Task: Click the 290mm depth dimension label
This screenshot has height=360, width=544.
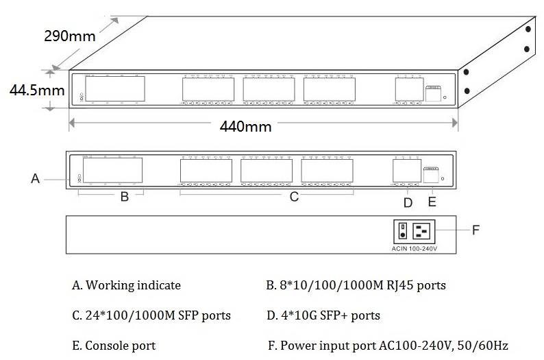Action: [70, 36]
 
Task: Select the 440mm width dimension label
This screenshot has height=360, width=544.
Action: [245, 126]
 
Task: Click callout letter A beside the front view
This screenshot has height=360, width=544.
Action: [35, 178]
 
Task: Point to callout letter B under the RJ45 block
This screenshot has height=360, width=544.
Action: [124, 197]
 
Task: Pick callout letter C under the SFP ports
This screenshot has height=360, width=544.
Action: [293, 197]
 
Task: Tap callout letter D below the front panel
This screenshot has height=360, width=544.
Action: [408, 202]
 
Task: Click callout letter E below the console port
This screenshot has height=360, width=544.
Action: [432, 202]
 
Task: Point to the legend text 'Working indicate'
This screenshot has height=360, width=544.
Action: [126, 285]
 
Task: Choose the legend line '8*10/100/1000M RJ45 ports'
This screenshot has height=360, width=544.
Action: [356, 285]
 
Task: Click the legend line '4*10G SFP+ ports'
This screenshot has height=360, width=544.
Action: [323, 315]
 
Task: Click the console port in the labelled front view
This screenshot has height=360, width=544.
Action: [431, 176]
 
